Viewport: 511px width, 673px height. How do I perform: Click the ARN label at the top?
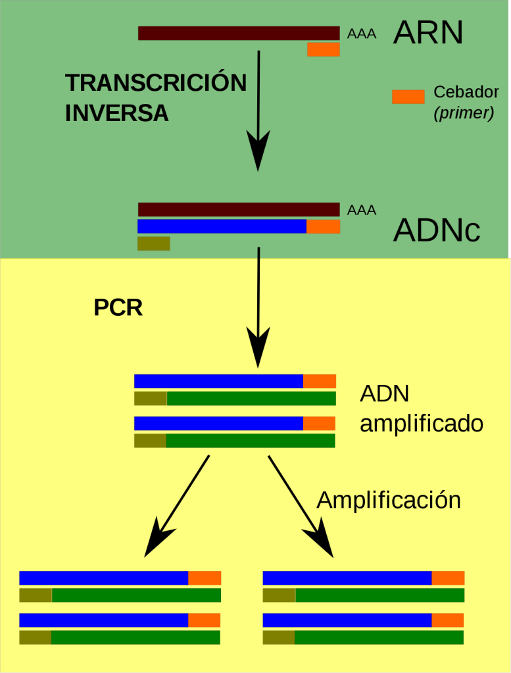coord(427,33)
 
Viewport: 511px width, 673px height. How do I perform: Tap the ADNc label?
coord(437,230)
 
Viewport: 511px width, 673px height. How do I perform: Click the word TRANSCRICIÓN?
coord(156,84)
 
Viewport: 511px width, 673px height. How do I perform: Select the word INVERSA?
coord(117,113)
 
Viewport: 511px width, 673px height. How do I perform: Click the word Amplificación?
coord(389,501)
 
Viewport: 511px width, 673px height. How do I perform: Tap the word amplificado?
coord(422,423)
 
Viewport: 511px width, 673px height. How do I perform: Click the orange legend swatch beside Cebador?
coord(408,96)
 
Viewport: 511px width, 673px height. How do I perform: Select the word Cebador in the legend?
coord(466,93)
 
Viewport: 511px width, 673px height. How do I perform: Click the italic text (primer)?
coord(464,113)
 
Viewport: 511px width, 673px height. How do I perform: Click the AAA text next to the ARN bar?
coord(362,34)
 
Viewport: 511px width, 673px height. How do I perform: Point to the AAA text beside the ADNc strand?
coord(362,211)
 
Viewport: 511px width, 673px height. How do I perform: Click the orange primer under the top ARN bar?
coord(324,49)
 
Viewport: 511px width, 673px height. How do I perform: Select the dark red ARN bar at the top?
coord(239,33)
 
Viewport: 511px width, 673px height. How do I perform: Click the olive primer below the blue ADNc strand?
coord(154,243)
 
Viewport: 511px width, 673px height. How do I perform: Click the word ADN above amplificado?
coord(385,393)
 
